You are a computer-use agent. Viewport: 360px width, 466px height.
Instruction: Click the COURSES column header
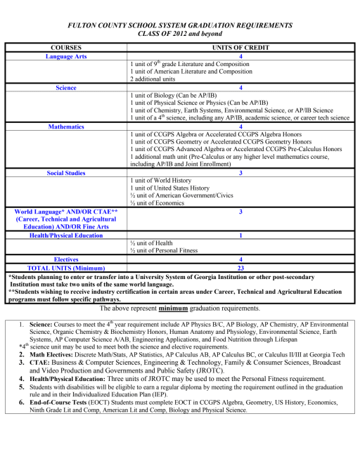(x=66, y=48)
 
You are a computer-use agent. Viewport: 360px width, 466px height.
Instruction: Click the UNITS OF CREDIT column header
(x=241, y=48)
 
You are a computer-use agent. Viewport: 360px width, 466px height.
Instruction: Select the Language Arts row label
(x=66, y=56)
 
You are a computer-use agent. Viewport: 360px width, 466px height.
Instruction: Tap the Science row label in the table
(x=66, y=89)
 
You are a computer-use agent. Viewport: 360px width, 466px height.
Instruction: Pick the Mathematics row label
(x=66, y=127)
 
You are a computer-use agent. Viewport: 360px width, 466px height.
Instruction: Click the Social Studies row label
(x=66, y=172)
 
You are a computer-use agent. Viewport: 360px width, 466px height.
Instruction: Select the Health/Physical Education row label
(x=66, y=236)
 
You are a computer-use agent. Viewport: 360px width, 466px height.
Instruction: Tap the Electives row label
(x=66, y=259)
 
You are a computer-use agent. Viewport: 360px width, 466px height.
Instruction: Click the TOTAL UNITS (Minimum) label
(x=66, y=268)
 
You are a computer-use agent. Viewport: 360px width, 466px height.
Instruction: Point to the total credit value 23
(x=241, y=268)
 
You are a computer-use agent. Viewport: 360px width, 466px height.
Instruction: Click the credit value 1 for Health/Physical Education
(x=241, y=236)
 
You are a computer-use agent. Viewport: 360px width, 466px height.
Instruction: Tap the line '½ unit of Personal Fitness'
(x=166, y=252)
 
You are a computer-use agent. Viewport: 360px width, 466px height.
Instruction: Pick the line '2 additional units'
(x=155, y=80)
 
